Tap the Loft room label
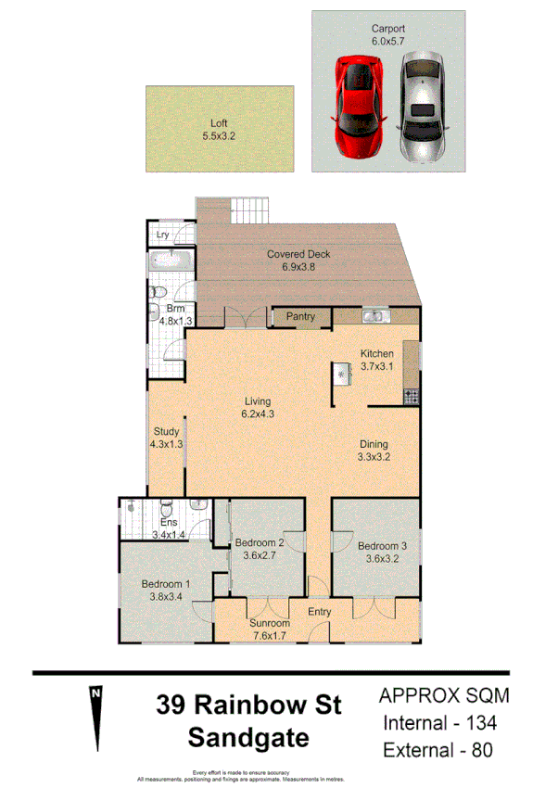pos(219,123)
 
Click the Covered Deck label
pos(298,255)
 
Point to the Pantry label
pos(300,317)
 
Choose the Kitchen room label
pos(377,353)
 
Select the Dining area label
pos(373,444)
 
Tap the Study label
pos(167,431)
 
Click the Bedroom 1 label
pos(166,584)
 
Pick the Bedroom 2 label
pos(259,542)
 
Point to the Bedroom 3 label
pos(382,546)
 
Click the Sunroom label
pos(271,623)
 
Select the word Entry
pos(320,611)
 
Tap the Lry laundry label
pos(162,235)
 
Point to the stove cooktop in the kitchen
pos(411,396)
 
